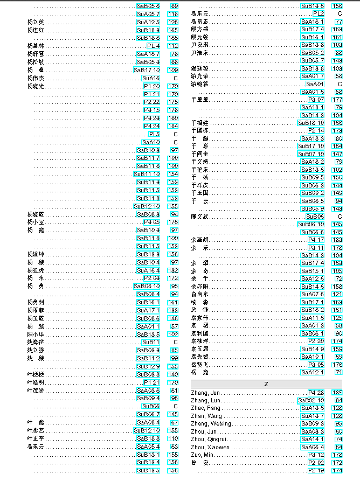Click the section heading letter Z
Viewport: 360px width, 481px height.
[266, 384]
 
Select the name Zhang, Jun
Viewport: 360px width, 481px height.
[205, 393]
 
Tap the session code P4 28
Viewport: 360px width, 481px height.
[316, 393]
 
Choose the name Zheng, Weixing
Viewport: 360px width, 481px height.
[211, 424]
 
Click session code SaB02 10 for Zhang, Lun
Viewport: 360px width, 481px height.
[311, 400]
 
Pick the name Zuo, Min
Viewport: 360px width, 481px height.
[202, 455]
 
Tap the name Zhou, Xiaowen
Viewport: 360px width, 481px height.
[210, 447]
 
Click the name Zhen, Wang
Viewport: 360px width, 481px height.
[206, 416]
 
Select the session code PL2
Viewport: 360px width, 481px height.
[318, 13]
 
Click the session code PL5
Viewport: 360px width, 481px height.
[154, 134]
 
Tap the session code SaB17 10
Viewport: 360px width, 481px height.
[147, 70]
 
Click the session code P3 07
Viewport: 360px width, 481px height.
[316, 100]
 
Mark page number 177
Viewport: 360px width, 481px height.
[337, 100]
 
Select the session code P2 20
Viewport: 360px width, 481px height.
[316, 341]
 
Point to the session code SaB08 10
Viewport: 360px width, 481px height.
[147, 287]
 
